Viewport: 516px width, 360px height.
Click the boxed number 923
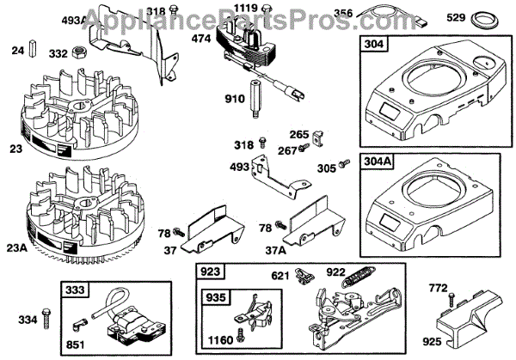click(211, 272)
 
